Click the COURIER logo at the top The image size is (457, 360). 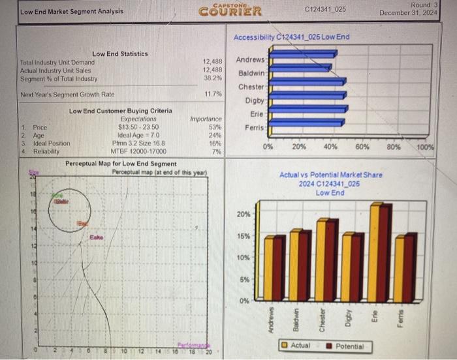pyautogui.click(x=230, y=11)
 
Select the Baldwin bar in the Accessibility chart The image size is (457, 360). pyautogui.click(x=300, y=67)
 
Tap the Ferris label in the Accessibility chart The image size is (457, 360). pyautogui.click(x=254, y=127)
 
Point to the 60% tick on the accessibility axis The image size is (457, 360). pyautogui.click(x=363, y=147)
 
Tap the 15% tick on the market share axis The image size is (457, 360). pyautogui.click(x=242, y=236)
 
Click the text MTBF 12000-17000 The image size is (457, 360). pyautogui.click(x=139, y=151)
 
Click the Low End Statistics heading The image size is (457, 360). pyautogui.click(x=120, y=54)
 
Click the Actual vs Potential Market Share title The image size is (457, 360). pyautogui.click(x=330, y=175)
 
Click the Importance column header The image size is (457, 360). pyautogui.click(x=206, y=119)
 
